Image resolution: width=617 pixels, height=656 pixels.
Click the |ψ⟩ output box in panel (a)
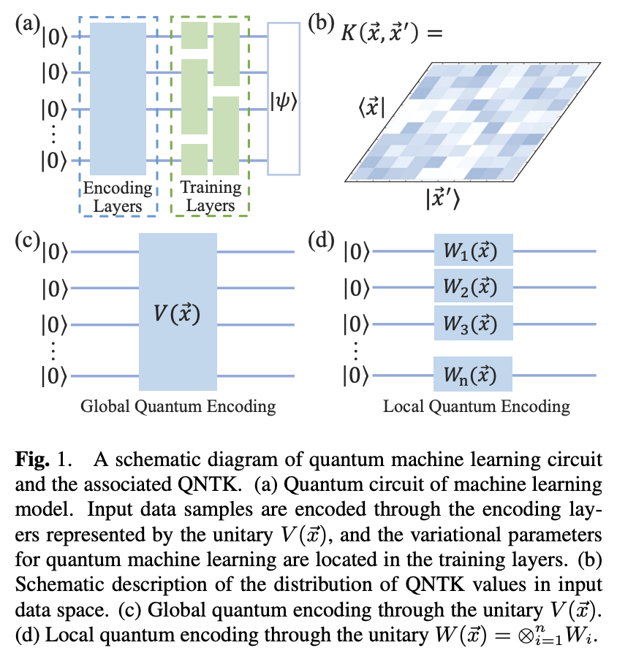coord(284,99)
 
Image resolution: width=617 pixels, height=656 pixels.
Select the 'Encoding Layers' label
coord(118,197)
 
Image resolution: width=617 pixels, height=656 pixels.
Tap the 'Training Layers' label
coord(211,197)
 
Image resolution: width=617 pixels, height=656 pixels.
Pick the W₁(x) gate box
coord(473,251)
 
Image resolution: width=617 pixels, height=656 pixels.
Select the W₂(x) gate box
coord(473,286)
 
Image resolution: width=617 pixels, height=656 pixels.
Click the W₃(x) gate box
coord(473,322)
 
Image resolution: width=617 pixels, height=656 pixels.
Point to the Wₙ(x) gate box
coord(473,375)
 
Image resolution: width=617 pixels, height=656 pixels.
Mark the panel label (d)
coord(321,240)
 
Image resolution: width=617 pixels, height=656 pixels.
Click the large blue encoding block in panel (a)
coord(118,99)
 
